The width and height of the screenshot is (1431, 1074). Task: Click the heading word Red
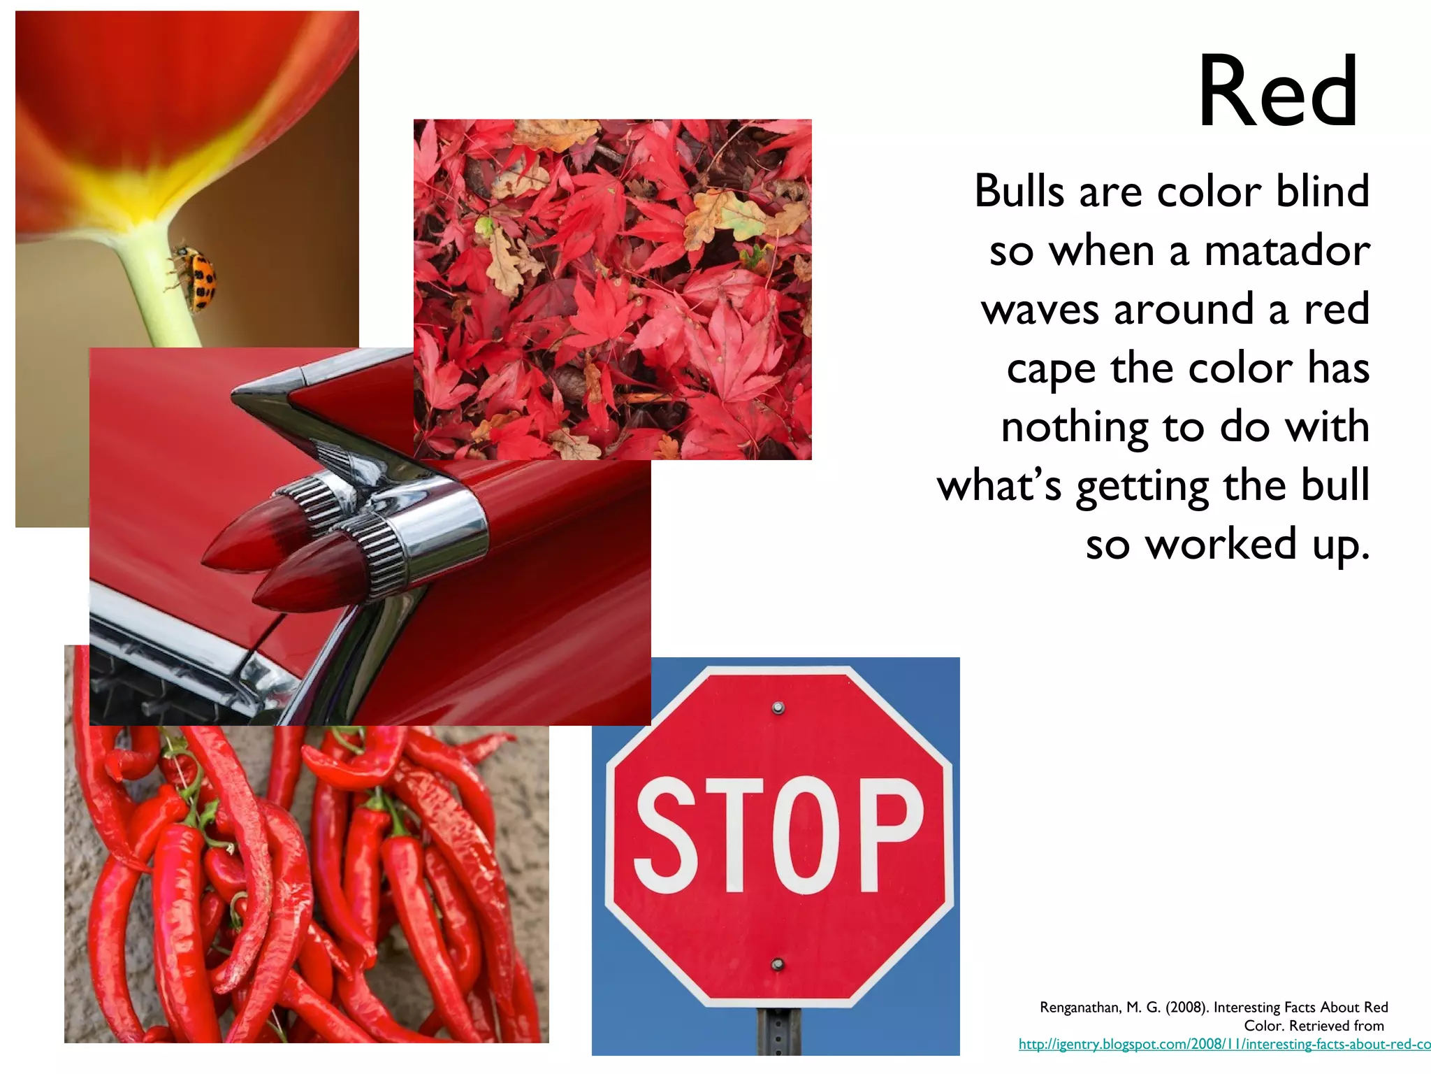pyautogui.click(x=1278, y=92)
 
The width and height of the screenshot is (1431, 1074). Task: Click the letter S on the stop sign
pyautogui.click(x=667, y=835)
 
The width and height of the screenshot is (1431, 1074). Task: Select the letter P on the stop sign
pyautogui.click(x=890, y=835)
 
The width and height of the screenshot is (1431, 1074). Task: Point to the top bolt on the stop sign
pyautogui.click(x=778, y=708)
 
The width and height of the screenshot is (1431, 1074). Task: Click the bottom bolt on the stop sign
pyautogui.click(x=777, y=965)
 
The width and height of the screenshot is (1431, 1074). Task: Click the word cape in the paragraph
pyautogui.click(x=1051, y=369)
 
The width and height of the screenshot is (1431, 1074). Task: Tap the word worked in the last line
pyautogui.click(x=1221, y=544)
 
